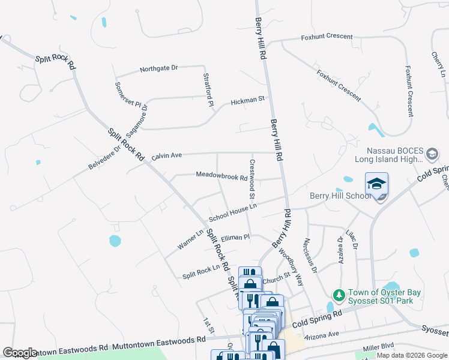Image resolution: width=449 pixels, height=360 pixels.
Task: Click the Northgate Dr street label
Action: coord(158,68)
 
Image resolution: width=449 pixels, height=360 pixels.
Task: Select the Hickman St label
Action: coord(247,100)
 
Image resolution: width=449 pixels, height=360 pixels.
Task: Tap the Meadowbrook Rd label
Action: coord(221,176)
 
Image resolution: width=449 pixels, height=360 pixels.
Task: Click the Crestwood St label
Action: coord(253,179)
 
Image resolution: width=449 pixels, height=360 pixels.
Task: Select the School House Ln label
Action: coord(232,211)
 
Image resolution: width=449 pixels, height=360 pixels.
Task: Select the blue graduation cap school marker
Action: coord(376,184)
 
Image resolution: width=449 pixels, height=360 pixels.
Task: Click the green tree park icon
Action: coord(339,295)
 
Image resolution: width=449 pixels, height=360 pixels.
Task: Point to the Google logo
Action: coord(20,353)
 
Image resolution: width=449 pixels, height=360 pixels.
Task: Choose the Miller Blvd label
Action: coord(378,346)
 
